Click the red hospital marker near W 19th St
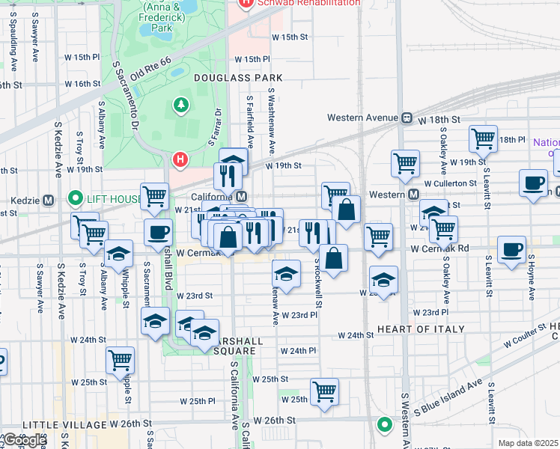[x=180, y=159]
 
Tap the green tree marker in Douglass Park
[x=181, y=105]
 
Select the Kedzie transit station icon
[x=48, y=200]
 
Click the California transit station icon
[x=241, y=197]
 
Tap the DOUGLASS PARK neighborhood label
[x=238, y=78]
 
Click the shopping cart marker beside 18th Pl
[x=484, y=138]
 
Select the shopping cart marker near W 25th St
[x=325, y=391]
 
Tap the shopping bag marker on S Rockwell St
[x=334, y=257]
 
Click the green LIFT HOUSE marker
[x=75, y=199]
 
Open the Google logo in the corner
[x=24, y=440]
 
